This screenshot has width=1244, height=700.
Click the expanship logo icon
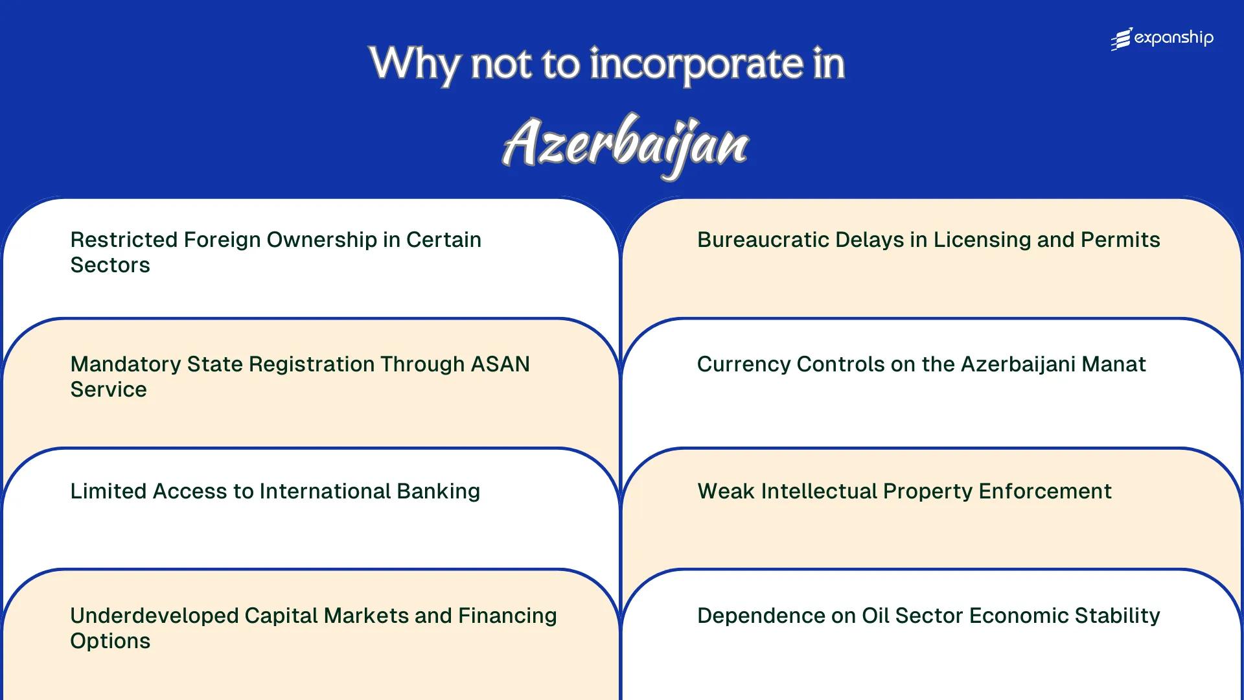(x=1122, y=39)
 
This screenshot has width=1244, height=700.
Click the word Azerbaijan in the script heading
(x=626, y=144)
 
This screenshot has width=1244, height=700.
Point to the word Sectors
(x=110, y=265)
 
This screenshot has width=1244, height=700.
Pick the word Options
(x=110, y=641)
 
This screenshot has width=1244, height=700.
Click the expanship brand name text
(x=1174, y=38)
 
